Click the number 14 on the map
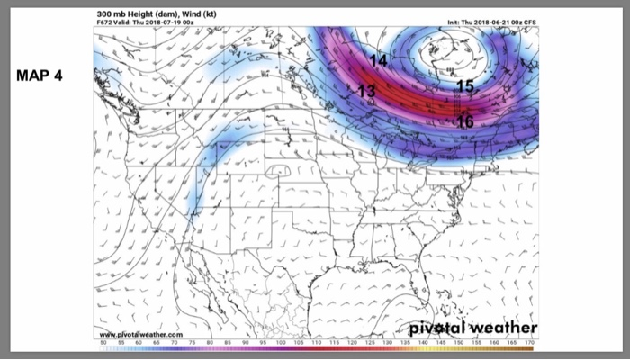click(x=378, y=60)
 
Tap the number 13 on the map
click(x=366, y=91)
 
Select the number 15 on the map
click(x=464, y=86)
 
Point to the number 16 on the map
click(x=465, y=121)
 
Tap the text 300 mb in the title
click(x=112, y=13)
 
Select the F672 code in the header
click(x=104, y=22)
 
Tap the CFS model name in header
click(x=531, y=22)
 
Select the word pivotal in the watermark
click(x=440, y=327)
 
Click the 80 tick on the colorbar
click(x=210, y=344)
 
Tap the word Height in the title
click(x=139, y=13)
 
